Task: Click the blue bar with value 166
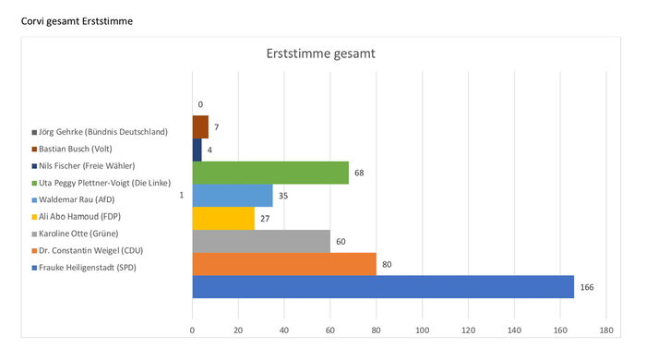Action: [x=383, y=287]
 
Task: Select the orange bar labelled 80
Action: [x=284, y=264]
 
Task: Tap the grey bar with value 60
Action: [x=261, y=241]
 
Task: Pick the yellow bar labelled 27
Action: [x=223, y=218]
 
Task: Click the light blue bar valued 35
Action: [x=233, y=196]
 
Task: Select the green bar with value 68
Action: [x=270, y=173]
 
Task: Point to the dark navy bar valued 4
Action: [x=197, y=150]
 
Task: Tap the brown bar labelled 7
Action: [x=200, y=126]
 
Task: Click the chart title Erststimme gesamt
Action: [x=320, y=54]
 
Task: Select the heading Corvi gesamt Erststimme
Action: [x=77, y=21]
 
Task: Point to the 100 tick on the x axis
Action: [x=423, y=330]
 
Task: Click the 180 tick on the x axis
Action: [x=606, y=330]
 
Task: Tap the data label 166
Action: [x=587, y=287]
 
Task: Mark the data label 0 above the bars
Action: [x=200, y=104]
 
